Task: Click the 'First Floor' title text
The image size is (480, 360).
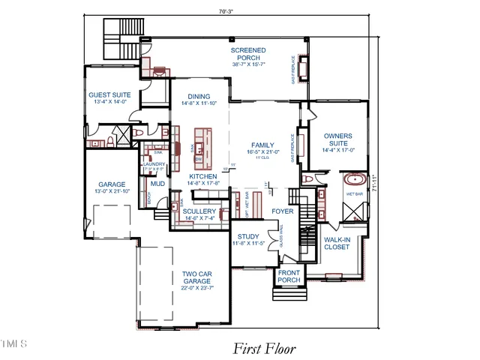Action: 264,349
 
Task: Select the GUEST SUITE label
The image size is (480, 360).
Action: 110,95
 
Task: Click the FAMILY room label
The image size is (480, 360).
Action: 262,145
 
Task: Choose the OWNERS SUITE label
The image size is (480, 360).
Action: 337,140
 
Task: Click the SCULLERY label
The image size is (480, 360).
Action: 199,211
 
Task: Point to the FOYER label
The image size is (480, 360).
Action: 283,211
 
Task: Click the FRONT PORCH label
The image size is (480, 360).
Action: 289,276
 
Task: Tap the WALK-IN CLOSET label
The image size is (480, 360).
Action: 337,243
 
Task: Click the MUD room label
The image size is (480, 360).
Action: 157,184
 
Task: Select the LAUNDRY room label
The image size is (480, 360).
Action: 154,163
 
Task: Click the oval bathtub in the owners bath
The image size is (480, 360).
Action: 354,181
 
